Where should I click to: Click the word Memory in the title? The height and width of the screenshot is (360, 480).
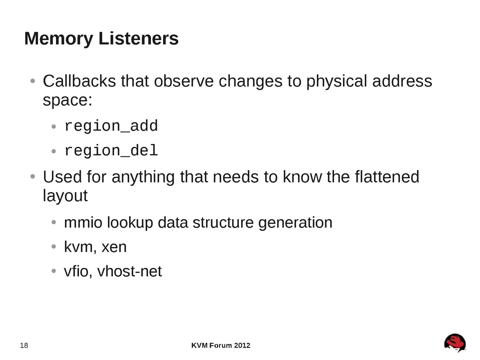click(59, 39)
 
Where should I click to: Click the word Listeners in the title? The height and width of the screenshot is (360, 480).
click(139, 38)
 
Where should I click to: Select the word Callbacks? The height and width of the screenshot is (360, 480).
click(79, 81)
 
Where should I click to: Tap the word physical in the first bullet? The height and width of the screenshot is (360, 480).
click(336, 82)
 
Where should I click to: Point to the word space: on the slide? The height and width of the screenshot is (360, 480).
click(68, 100)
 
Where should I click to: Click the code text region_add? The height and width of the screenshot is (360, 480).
click(111, 126)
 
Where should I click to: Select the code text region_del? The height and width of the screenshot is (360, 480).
click(111, 151)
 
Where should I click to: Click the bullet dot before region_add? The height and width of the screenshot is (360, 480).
click(54, 126)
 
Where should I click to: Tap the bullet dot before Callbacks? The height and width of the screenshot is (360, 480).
click(32, 81)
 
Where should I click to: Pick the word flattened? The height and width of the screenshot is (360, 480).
click(387, 177)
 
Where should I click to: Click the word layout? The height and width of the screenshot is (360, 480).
click(65, 196)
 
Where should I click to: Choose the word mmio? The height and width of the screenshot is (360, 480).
click(83, 222)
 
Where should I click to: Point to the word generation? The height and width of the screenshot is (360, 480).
click(295, 223)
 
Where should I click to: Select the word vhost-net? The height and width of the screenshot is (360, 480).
click(130, 271)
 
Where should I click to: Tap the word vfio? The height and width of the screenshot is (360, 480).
click(78, 271)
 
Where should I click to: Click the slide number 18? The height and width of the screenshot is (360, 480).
click(24, 345)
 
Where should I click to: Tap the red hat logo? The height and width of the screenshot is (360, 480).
click(455, 343)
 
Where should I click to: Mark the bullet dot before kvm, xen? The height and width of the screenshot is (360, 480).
click(54, 247)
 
